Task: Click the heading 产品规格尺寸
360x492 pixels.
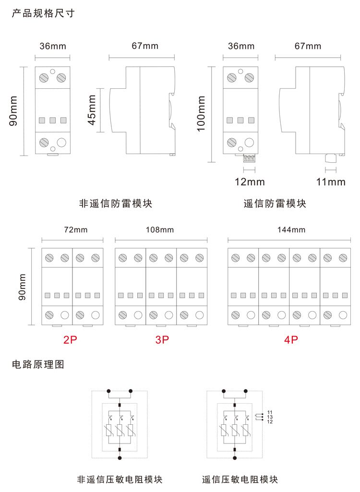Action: pyautogui.click(x=43, y=13)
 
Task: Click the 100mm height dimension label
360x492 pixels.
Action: pyautogui.click(x=201, y=114)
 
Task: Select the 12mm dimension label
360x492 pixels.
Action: pyautogui.click(x=250, y=182)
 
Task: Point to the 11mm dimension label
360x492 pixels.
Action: pyautogui.click(x=331, y=182)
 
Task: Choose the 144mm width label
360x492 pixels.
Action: pyautogui.click(x=291, y=229)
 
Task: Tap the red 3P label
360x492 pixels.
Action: pyautogui.click(x=162, y=340)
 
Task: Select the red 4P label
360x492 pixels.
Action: pyautogui.click(x=291, y=340)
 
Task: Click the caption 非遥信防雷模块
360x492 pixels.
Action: pyautogui.click(x=115, y=204)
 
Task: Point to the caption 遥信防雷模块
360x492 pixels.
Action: pyautogui.click(x=275, y=204)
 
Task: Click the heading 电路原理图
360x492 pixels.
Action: pyautogui.click(x=38, y=365)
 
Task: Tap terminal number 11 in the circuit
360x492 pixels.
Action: pyautogui.click(x=270, y=412)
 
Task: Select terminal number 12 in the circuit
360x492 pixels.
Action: pyautogui.click(x=270, y=422)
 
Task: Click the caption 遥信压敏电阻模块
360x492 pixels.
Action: pyautogui.click(x=240, y=480)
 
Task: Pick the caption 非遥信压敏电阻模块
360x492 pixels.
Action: pyautogui.click(x=120, y=480)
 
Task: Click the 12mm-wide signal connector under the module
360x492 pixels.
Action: pyautogui.click(x=250, y=158)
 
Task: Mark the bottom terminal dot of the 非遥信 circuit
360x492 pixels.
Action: pyautogui.click(x=120, y=458)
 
